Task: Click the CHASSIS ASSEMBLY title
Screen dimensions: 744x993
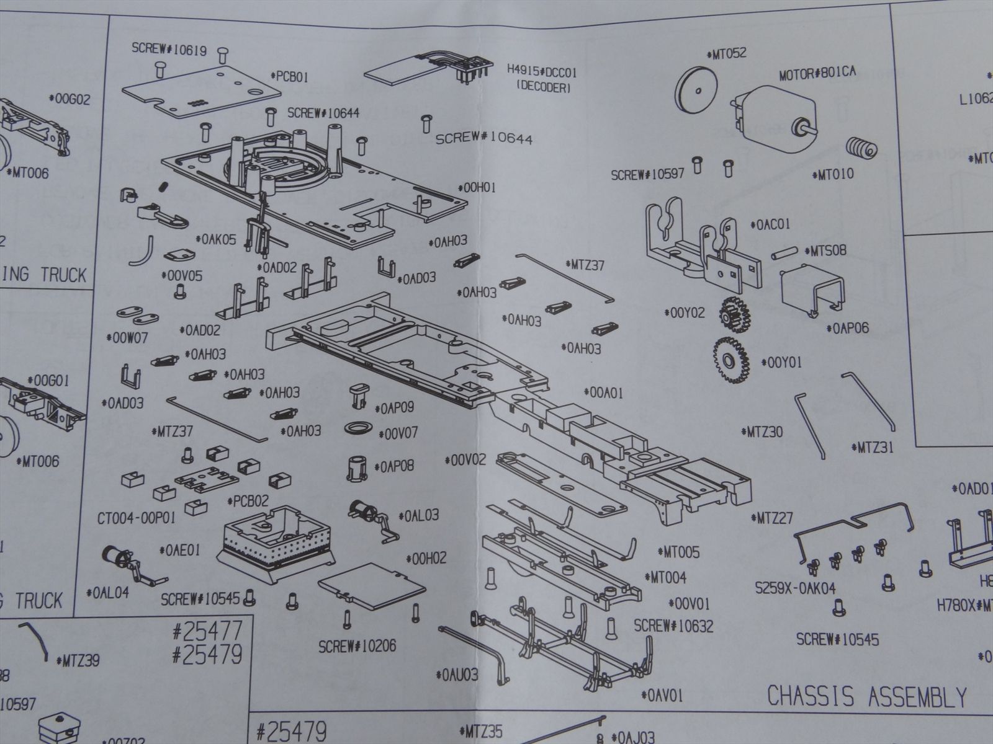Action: (x=867, y=697)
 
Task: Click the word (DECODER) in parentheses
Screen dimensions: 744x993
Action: (x=543, y=88)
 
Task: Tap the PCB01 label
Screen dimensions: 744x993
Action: (x=290, y=77)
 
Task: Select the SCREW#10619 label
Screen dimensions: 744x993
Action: (x=169, y=50)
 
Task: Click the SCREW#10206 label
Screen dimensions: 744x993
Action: (x=357, y=646)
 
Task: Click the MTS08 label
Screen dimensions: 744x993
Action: (x=825, y=252)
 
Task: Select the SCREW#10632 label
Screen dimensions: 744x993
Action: (x=673, y=626)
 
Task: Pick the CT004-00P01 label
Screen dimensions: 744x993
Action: (x=137, y=516)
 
